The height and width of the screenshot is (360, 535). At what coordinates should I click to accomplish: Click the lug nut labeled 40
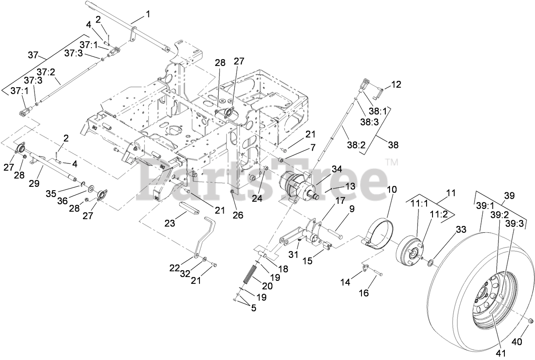click(x=530, y=320)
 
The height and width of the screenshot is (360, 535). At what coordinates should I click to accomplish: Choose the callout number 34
click(x=337, y=169)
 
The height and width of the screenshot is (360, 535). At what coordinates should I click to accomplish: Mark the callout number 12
click(x=396, y=84)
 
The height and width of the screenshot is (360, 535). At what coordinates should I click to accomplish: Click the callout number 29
click(x=34, y=183)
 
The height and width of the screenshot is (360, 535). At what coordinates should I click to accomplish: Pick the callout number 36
click(x=63, y=200)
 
